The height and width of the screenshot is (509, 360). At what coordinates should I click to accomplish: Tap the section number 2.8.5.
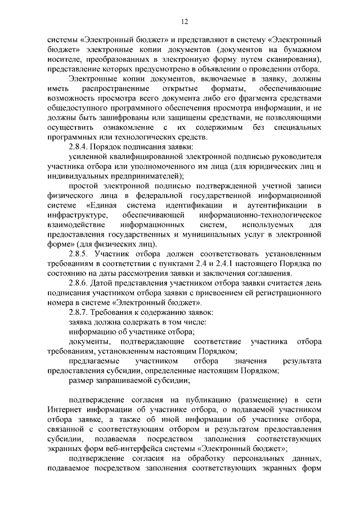(x=79, y=254)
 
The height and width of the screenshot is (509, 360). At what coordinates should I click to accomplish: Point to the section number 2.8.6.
(x=79, y=283)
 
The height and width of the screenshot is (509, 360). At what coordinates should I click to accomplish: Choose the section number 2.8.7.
(x=79, y=312)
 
